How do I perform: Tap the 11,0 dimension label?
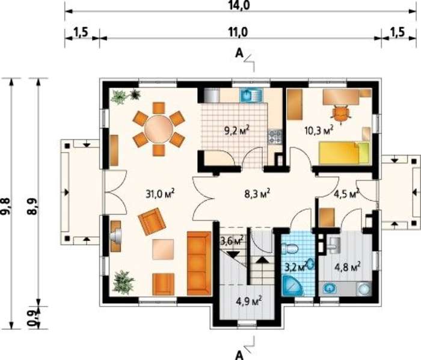pyautogui.click(x=238, y=32)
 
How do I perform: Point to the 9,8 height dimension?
pyautogui.click(x=6, y=206)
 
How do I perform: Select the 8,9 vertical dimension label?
pyautogui.click(x=32, y=206)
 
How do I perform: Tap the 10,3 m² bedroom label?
pyautogui.click(x=319, y=130)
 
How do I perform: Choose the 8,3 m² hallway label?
pyautogui.click(x=257, y=194)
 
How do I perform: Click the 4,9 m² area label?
pyautogui.click(x=249, y=301)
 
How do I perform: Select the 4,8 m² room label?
pyautogui.click(x=347, y=267)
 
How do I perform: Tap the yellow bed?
pyautogui.click(x=344, y=153)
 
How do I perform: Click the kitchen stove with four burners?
pyautogui.click(x=274, y=136)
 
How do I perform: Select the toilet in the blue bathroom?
pyautogui.click(x=289, y=249)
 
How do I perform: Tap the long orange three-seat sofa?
pyautogui.click(x=199, y=263)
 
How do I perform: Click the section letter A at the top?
pyautogui.click(x=239, y=53)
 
